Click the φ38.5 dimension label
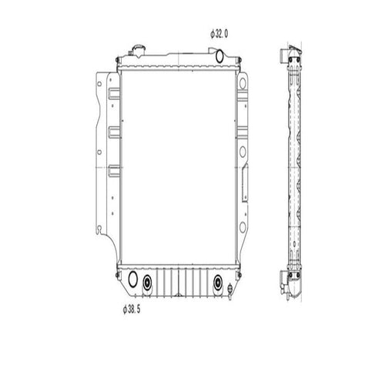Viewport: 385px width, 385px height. pos(133,310)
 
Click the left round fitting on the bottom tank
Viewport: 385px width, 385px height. pos(146,282)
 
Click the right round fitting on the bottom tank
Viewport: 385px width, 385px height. pos(218,282)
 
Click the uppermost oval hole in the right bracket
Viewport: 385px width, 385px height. pos(244,84)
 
